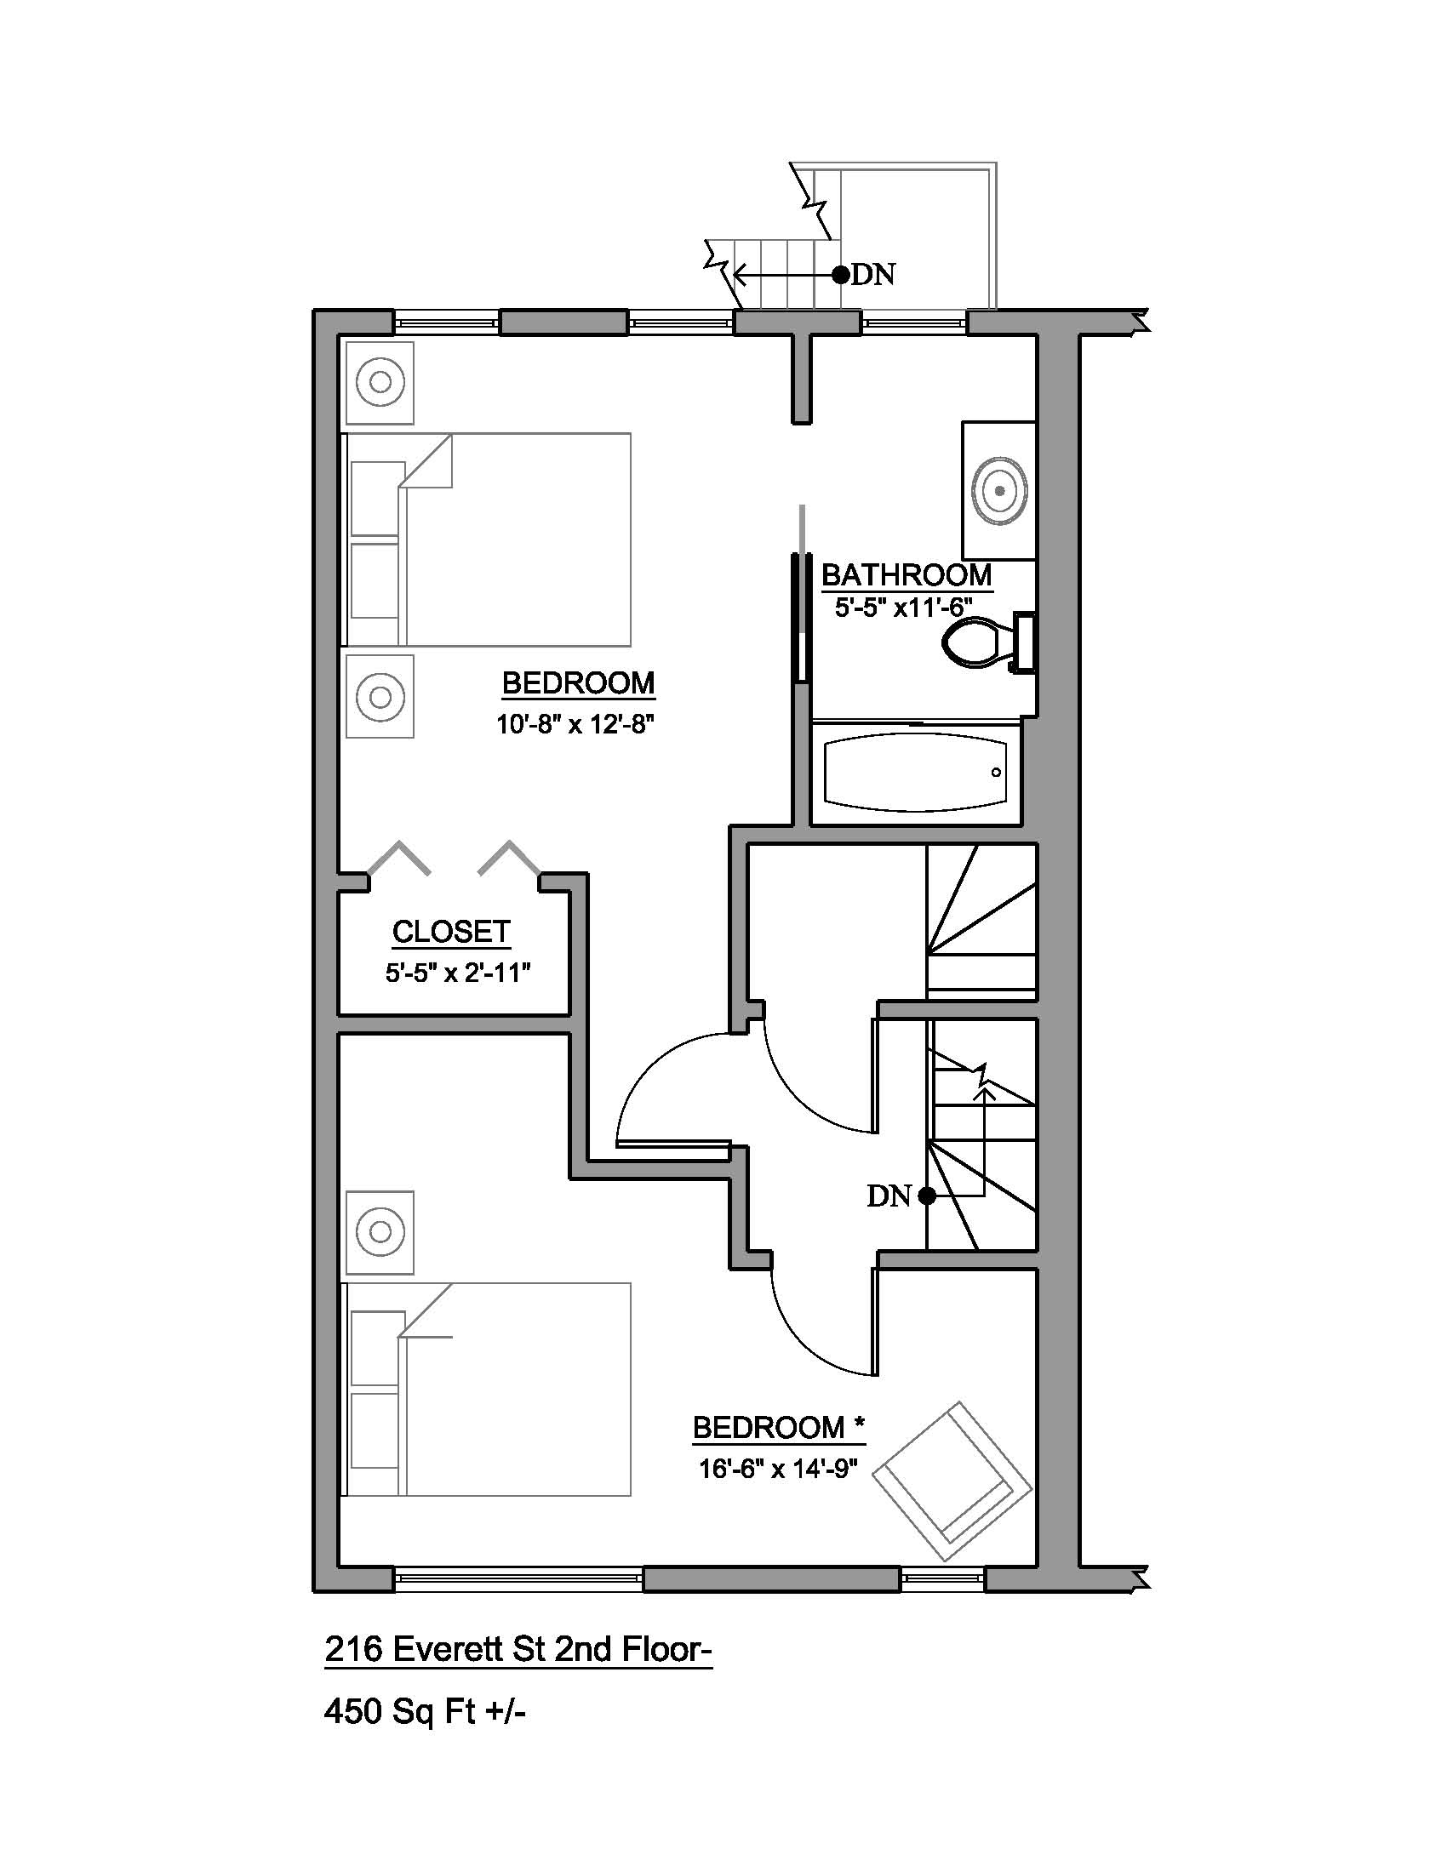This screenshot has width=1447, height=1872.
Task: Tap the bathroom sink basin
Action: coord(998,491)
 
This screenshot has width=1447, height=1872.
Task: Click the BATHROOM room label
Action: coord(907,574)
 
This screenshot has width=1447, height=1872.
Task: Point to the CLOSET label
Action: coord(452,932)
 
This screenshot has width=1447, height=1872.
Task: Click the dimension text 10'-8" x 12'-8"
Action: coord(575,725)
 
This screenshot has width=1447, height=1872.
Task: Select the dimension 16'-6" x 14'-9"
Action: coord(778,1470)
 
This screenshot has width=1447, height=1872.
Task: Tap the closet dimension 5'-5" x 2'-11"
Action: coord(458,973)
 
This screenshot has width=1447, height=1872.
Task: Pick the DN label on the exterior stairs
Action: coord(873,275)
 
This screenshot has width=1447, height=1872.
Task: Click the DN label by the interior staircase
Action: coord(889,1196)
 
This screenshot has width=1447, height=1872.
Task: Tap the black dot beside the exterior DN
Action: coord(841,274)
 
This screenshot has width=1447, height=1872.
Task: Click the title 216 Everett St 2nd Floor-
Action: coord(518,1648)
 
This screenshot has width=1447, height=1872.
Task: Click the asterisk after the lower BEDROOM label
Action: coord(859,1424)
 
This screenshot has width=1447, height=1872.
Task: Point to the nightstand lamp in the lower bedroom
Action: coord(380,1232)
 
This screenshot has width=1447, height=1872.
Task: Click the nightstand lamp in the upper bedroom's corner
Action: coord(380,381)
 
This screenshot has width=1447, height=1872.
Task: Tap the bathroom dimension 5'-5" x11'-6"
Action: coord(903,608)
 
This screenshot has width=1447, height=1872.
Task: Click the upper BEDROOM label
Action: coord(579,683)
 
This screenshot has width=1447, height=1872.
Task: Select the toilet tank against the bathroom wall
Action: coord(1024,642)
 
